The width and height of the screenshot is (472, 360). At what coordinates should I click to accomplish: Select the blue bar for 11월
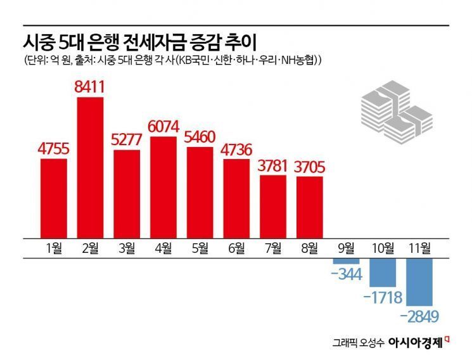click(x=419, y=282)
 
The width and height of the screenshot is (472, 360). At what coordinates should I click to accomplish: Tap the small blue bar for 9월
click(x=346, y=261)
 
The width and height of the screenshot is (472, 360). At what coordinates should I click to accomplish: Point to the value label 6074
click(x=163, y=127)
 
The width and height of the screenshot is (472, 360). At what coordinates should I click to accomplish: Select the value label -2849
click(x=420, y=315)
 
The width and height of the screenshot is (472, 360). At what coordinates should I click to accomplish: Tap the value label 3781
click(x=273, y=166)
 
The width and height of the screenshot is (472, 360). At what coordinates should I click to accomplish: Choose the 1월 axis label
click(x=54, y=248)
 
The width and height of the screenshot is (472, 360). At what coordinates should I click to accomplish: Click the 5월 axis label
click(x=200, y=248)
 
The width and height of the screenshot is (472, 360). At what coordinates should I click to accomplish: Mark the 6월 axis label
click(x=236, y=248)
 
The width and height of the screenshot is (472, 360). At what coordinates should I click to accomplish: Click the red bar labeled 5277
click(x=127, y=193)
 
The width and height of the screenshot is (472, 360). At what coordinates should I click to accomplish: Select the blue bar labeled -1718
click(x=383, y=272)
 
